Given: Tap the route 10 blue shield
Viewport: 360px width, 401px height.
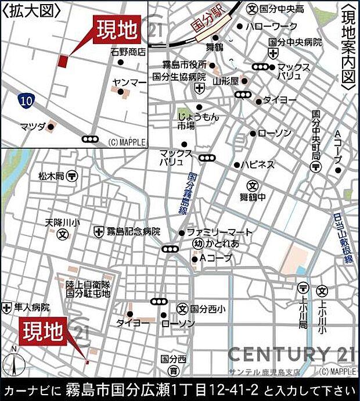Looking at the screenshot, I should tap(25, 101).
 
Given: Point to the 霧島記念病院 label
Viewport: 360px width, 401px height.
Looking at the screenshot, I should tap(133, 231).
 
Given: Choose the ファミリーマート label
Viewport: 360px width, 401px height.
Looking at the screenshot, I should tap(219, 232).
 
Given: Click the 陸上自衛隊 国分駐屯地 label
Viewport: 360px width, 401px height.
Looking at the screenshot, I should tap(88, 289).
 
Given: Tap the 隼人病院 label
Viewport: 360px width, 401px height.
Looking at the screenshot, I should tap(32, 307).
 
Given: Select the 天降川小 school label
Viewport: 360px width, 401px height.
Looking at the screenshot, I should tap(64, 223).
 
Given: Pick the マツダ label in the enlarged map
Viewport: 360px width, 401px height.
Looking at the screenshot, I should tap(33, 126).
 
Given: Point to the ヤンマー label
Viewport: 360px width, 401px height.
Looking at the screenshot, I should tap(130, 83).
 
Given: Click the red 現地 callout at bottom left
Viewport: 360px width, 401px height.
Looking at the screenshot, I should tap(43, 332).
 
